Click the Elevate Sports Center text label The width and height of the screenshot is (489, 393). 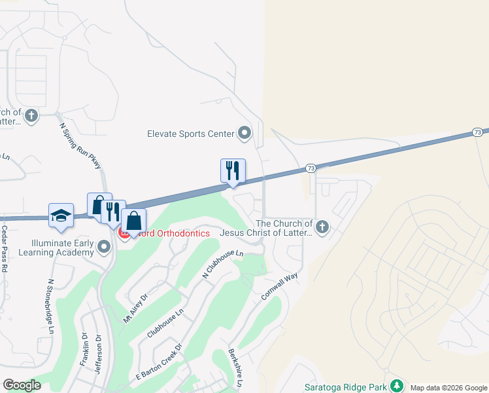tap(191, 134)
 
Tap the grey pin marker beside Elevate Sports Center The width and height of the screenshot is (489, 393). tap(244, 134)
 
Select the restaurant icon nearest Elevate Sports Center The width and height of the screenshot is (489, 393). tap(233, 171)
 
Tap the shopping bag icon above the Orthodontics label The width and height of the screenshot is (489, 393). tap(133, 220)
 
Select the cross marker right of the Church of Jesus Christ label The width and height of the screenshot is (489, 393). tap(321, 228)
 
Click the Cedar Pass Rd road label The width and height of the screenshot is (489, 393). tap(5, 249)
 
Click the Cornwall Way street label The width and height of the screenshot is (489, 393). tap(279, 286)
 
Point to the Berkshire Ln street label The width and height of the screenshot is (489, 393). tap(235, 367)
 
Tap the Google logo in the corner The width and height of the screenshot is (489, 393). tap(22, 384)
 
